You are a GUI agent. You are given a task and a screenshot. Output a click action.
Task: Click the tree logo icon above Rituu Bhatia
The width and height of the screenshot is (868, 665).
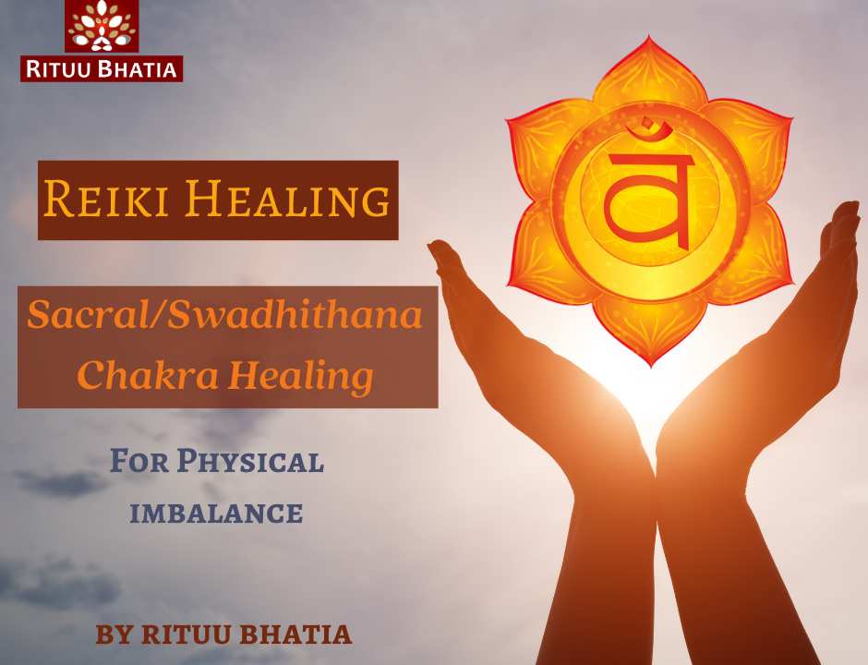tap(102, 26)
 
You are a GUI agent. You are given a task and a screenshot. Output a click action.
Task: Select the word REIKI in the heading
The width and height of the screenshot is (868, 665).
tap(106, 199)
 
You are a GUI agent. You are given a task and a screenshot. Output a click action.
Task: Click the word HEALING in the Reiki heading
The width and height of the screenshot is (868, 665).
tap(287, 199)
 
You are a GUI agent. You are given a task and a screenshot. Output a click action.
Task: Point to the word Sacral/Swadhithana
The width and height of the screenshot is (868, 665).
tap(224, 314)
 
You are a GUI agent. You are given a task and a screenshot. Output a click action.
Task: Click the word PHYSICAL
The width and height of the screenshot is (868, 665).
tap(250, 462)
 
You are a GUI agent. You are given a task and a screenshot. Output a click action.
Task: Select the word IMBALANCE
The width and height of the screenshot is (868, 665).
tap(216, 514)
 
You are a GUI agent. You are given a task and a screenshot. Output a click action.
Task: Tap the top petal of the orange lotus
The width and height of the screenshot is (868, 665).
tap(649, 72)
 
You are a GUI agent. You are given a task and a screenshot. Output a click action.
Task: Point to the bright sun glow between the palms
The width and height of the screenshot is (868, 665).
tap(653, 399)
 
